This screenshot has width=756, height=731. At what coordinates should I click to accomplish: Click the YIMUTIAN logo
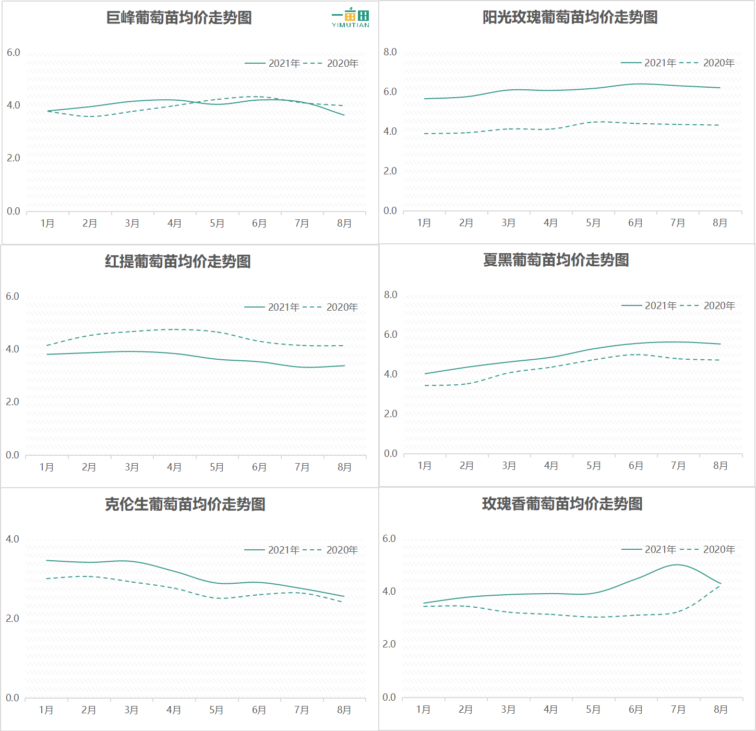351,18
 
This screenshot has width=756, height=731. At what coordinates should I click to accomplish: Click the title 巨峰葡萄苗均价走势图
179,18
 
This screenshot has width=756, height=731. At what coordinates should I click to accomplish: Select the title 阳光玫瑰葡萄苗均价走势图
570,17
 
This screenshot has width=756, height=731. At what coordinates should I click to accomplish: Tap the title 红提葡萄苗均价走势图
178,261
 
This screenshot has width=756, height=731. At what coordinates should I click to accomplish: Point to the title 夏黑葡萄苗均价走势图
556,260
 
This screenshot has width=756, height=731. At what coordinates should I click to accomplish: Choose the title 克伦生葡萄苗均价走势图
185,504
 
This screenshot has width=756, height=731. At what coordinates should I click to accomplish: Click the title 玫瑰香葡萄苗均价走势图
562,503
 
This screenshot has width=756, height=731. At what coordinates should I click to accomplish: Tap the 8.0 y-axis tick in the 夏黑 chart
391,295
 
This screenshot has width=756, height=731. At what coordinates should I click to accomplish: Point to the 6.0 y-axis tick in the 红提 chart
13,297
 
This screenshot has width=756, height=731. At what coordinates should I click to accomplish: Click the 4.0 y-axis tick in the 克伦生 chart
13,539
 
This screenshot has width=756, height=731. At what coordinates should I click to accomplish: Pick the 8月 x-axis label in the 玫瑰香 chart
721,710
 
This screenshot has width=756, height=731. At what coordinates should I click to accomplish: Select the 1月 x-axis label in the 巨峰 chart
47,223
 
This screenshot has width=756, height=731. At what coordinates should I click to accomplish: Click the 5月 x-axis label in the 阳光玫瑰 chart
593,223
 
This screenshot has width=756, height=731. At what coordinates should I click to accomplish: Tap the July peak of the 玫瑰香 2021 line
678,565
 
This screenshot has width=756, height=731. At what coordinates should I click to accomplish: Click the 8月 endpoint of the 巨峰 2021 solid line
344,115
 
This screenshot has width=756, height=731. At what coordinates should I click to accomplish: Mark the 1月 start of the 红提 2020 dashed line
47,346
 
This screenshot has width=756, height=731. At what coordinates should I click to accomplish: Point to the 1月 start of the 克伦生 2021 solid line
46,560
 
